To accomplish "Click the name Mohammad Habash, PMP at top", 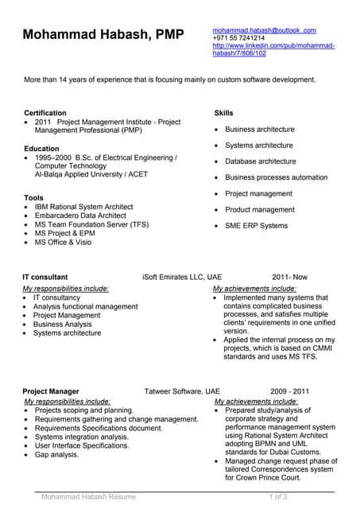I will pyautogui.click(x=103, y=34).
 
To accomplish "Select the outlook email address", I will pyautogui.click(x=264, y=30).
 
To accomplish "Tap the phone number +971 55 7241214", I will pyautogui.click(x=238, y=38).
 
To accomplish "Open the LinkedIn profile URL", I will pyautogui.click(x=273, y=49).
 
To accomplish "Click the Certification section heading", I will pyautogui.click(x=45, y=113).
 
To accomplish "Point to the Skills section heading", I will pyautogui.click(x=224, y=113).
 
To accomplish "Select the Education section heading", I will pyautogui.click(x=41, y=148).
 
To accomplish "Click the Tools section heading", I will pyautogui.click(x=34, y=196).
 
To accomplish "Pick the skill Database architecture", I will pyautogui.click(x=260, y=161).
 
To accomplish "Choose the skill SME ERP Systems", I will pyautogui.click(x=256, y=226).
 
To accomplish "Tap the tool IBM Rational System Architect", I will pyautogui.click(x=83, y=206).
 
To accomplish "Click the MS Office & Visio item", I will pyautogui.click(x=63, y=242).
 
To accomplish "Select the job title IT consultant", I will pyautogui.click(x=45, y=277).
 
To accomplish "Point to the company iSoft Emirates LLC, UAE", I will pyautogui.click(x=182, y=277).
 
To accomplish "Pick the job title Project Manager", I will pyautogui.click(x=51, y=391).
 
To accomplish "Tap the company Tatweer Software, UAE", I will pyautogui.click(x=182, y=391).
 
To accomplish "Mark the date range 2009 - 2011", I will pyautogui.click(x=289, y=391).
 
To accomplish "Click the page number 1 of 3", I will pyautogui.click(x=279, y=497).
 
